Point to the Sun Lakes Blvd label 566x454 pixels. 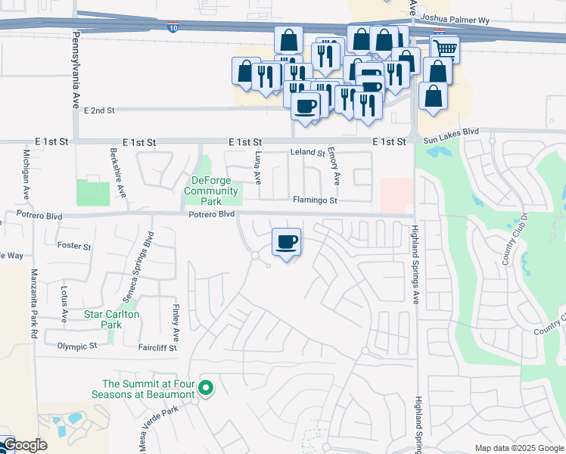click(x=452, y=131)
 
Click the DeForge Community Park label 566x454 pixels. click(x=215, y=185)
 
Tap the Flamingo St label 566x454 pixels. click(x=315, y=201)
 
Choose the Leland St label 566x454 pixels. click(x=307, y=153)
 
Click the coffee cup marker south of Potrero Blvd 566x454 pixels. click(x=286, y=243)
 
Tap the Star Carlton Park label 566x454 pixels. click(x=102, y=319)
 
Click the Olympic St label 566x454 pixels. click(x=77, y=346)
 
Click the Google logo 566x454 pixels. click(x=24, y=445)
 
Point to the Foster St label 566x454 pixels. click(x=74, y=247)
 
